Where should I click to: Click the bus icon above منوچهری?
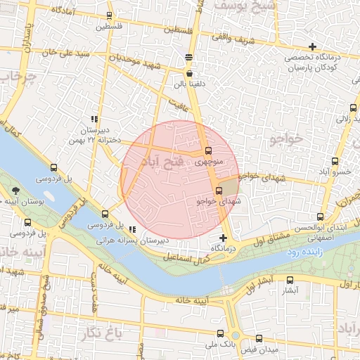click(x=207, y=150)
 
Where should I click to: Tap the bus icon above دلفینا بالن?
click(x=189, y=72)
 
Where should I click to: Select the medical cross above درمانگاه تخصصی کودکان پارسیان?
click(x=312, y=46)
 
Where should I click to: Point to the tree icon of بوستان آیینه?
click(x=15, y=191)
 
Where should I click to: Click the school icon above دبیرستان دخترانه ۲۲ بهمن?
click(x=94, y=119)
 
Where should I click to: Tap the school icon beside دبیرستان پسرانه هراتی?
click(x=132, y=229)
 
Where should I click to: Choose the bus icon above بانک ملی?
click(x=219, y=333)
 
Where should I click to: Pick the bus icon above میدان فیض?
click(x=259, y=337)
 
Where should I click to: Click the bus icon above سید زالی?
click(x=354, y=108)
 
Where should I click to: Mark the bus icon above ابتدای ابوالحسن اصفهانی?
click(x=321, y=217)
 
